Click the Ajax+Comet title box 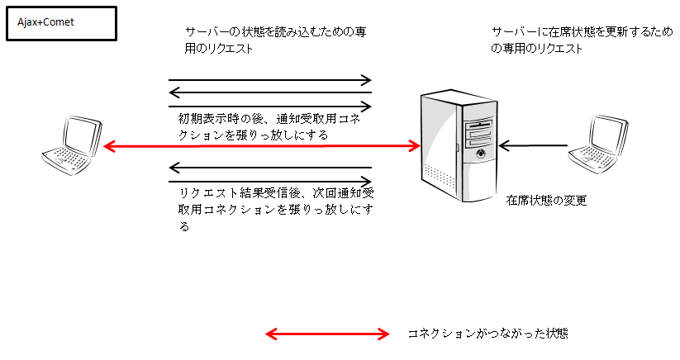pos(61,23)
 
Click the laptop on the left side pos(72,145)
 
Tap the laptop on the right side pos(598,144)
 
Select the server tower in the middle pos(459,145)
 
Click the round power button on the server pos(481,154)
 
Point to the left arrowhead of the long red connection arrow pos(108,146)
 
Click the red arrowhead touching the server pos(415,146)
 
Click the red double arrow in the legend pos(327,334)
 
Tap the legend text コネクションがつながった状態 pos(487,334)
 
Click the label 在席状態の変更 pos(546,200)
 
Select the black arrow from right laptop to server pos(534,145)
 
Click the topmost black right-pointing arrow pos(269,80)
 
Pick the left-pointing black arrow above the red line pos(269,92)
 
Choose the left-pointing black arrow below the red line pos(269,168)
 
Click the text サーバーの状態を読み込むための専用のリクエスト pos(276,40)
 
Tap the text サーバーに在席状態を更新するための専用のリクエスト pos(582,40)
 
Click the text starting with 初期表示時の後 pos(269,126)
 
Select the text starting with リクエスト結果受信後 pos(276,209)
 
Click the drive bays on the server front pos(478,134)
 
